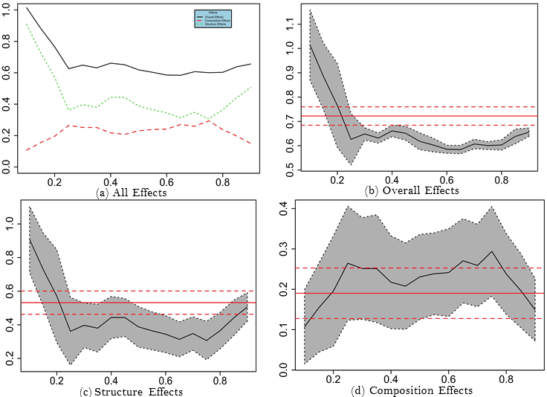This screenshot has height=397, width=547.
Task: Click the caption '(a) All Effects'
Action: (x=133, y=193)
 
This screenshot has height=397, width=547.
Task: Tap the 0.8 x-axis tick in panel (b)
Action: (x=501, y=179)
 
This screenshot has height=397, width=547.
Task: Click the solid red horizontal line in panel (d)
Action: (x=416, y=293)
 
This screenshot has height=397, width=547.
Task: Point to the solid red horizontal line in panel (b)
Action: (x=416, y=116)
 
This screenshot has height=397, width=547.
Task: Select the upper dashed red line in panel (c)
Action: (x=149, y=291)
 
